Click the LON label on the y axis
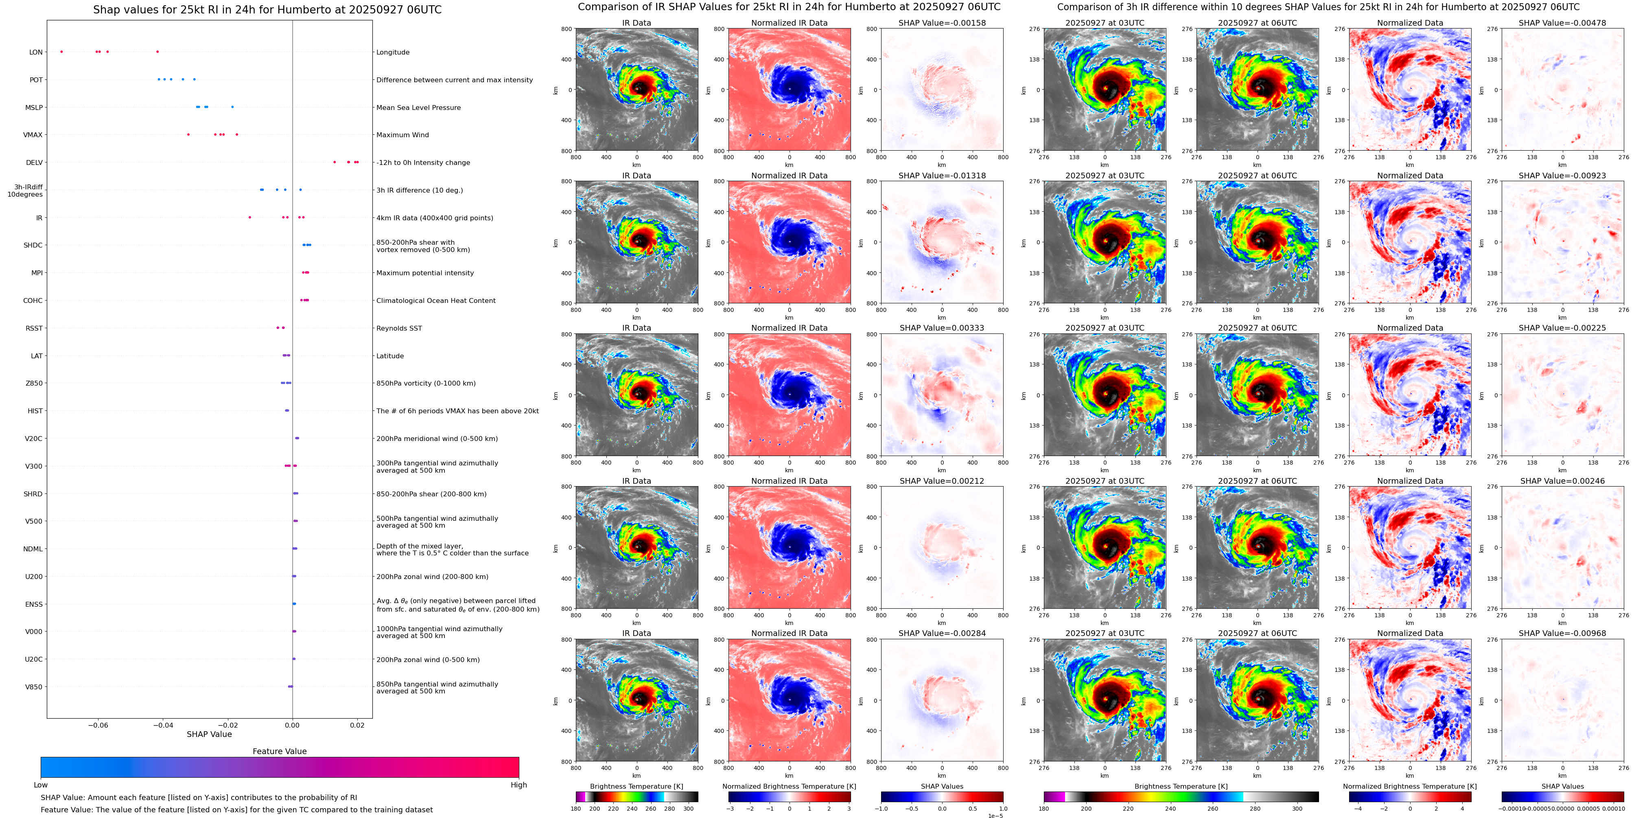[36, 52]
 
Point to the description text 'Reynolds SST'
[399, 328]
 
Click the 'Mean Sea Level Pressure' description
[419, 107]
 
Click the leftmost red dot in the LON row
[61, 51]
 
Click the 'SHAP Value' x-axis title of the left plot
[209, 734]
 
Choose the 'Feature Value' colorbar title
[280, 751]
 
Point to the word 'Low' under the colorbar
[41, 785]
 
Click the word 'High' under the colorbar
[519, 785]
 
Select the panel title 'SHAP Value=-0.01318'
[942, 176]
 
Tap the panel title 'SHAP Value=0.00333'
[942, 328]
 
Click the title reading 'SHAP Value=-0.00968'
[1562, 633]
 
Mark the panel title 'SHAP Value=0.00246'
[1562, 481]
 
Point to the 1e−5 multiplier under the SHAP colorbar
[995, 816]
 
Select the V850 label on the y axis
[34, 686]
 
